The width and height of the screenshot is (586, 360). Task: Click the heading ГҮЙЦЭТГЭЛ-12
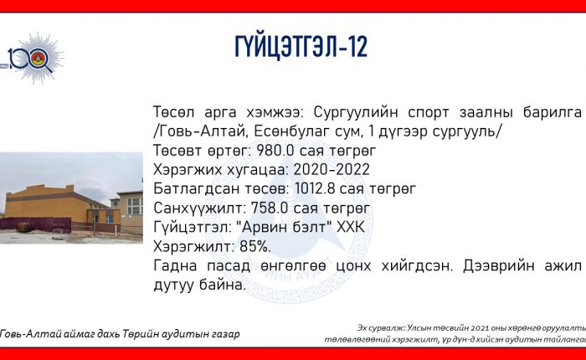(x=301, y=47)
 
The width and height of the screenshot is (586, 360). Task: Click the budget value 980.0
(x=272, y=151)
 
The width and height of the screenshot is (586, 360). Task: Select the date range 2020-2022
(x=332, y=170)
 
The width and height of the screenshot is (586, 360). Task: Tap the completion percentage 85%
(x=255, y=247)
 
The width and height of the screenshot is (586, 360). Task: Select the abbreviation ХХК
(x=350, y=227)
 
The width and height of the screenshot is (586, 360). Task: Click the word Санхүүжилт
(x=199, y=208)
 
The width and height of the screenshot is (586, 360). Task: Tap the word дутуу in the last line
(x=174, y=285)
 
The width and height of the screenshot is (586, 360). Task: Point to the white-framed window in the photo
(x=135, y=206)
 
